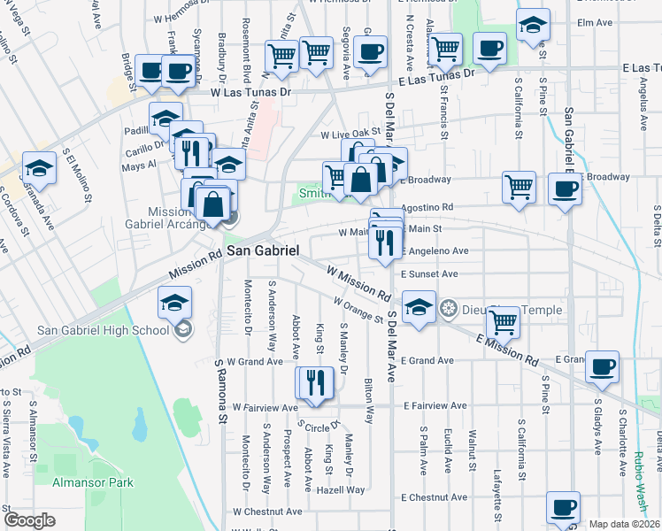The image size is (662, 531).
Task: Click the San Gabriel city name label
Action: coord(263,251)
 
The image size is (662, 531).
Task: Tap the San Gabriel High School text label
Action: coord(103,331)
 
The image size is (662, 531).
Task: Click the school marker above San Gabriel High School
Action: coord(175,303)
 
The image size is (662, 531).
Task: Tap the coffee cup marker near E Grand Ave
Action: coord(602,366)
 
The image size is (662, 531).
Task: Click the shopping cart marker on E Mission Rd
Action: coord(503,324)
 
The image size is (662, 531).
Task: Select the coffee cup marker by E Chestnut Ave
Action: coord(563,507)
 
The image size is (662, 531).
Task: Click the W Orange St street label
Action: coord(358,310)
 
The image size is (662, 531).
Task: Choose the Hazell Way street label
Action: coord(344,489)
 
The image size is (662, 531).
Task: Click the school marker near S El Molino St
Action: coord(39,167)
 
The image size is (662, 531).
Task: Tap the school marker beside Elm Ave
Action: coord(534,26)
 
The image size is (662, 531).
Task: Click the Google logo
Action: coord(29,520)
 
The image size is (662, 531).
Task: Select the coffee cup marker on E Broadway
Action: coord(564,189)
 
